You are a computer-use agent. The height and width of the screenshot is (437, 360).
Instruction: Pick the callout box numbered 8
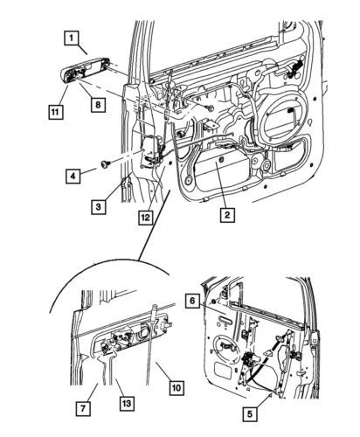99,103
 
